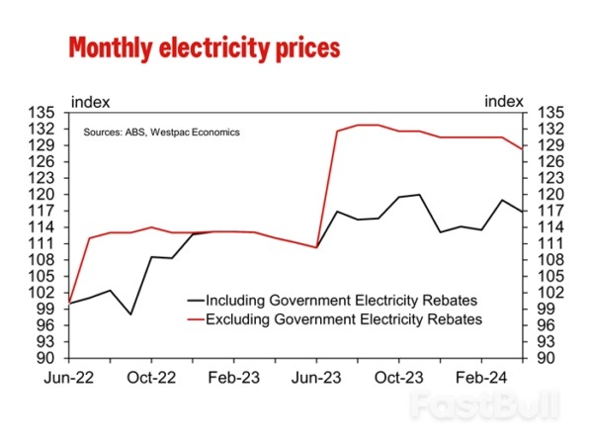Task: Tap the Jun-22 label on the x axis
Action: tap(69, 377)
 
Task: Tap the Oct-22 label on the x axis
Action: tap(151, 377)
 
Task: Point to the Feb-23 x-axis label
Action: tap(234, 377)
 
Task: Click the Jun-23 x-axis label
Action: tap(315, 377)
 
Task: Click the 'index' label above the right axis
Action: tap(504, 101)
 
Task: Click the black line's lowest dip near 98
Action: tap(130, 314)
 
